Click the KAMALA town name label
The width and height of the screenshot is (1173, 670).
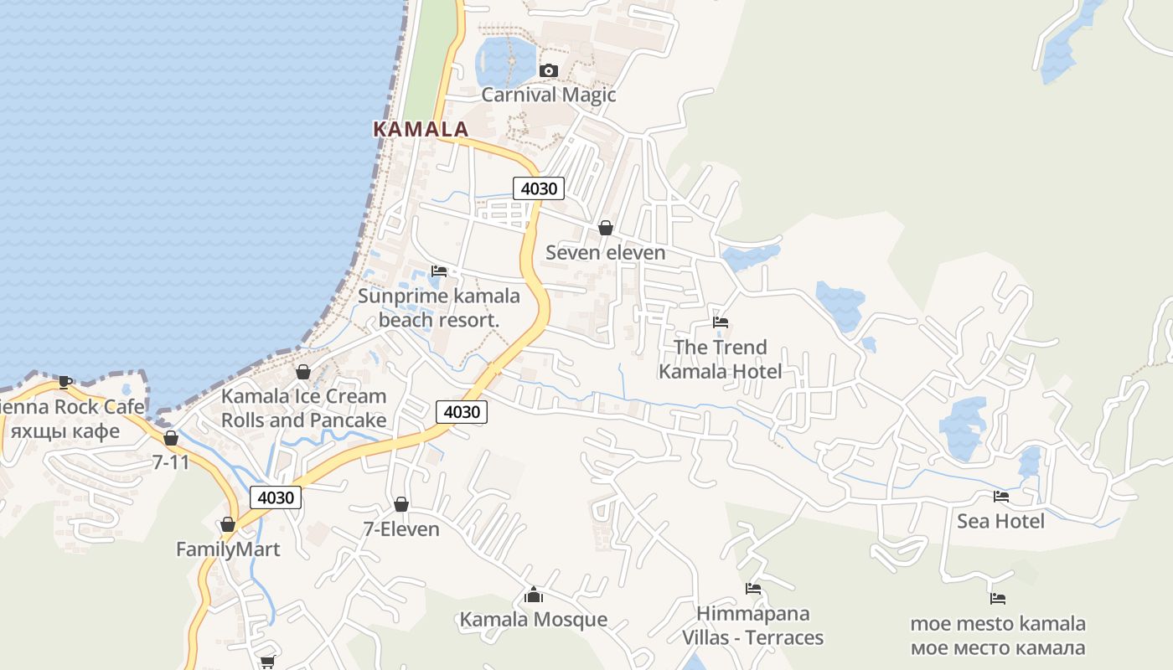click(x=420, y=129)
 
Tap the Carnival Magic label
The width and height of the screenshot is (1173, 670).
click(x=549, y=95)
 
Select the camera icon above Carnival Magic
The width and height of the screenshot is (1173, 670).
click(x=549, y=71)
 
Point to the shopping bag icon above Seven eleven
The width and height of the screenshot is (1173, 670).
click(x=606, y=228)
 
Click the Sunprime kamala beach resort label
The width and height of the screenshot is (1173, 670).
click(x=439, y=307)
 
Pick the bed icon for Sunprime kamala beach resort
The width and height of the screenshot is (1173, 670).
click(x=439, y=271)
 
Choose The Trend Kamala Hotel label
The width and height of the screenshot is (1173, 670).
click(x=721, y=358)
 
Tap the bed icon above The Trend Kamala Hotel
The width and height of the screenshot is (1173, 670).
click(x=721, y=322)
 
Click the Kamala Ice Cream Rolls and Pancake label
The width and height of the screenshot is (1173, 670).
click(x=303, y=408)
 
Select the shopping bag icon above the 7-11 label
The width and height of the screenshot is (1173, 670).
click(x=171, y=438)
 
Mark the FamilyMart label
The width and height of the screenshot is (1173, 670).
click(x=228, y=549)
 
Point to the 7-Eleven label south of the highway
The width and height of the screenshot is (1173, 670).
click(x=401, y=528)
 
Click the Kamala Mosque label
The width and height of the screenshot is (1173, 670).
click(x=534, y=620)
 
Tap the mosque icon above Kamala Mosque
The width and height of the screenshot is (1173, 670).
click(x=534, y=595)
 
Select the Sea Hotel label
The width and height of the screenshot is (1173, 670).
click(x=1000, y=521)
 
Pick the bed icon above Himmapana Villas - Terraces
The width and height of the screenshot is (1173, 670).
click(x=753, y=589)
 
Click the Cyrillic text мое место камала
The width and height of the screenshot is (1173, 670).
click(x=997, y=647)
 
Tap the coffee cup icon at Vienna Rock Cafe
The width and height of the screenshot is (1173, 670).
click(x=65, y=383)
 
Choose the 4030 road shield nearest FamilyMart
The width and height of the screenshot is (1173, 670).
click(x=276, y=497)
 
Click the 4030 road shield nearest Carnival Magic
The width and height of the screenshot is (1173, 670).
click(x=539, y=188)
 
